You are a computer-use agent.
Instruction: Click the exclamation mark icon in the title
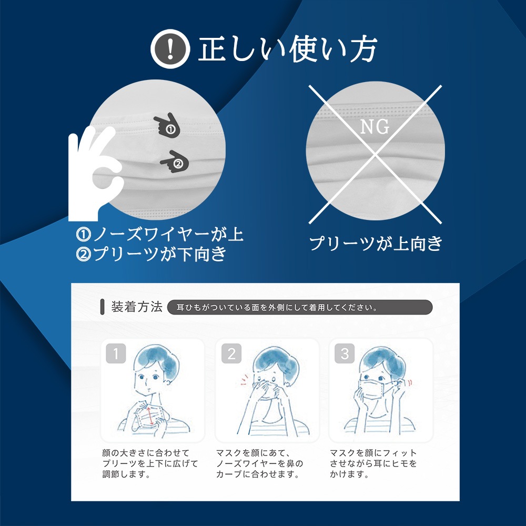(170, 49)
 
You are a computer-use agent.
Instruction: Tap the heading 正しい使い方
(288, 49)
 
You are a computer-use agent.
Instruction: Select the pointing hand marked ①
(167, 125)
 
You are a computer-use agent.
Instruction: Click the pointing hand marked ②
(175, 161)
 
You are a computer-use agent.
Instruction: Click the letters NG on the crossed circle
(375, 127)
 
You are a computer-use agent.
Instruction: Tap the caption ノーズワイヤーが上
(160, 234)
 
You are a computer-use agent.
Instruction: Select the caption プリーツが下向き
(151, 254)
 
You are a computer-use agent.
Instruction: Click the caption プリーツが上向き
(376, 243)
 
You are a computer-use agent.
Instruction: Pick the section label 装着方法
(137, 307)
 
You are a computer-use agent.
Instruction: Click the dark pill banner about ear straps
(300, 307)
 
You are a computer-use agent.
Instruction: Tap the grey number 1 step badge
(116, 353)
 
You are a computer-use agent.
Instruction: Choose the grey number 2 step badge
(231, 353)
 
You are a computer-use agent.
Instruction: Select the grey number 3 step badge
(345, 353)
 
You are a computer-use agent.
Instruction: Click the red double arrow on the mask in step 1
(150, 416)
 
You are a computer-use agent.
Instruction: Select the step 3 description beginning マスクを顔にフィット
(373, 463)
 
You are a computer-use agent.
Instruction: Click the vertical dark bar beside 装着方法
(103, 307)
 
